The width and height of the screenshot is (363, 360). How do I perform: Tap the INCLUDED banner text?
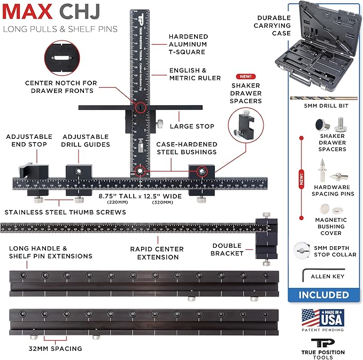(x=323, y=295)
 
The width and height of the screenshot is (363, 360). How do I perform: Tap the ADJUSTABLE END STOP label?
(x=29, y=140)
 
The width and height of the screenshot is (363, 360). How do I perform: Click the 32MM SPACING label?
(x=56, y=348)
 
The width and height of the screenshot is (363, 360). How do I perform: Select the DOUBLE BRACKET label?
(x=227, y=249)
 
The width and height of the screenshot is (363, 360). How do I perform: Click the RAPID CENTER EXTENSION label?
(x=157, y=253)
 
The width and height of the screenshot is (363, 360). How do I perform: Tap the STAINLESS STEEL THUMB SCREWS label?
(x=64, y=213)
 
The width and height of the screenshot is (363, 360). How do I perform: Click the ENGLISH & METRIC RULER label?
(x=195, y=74)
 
